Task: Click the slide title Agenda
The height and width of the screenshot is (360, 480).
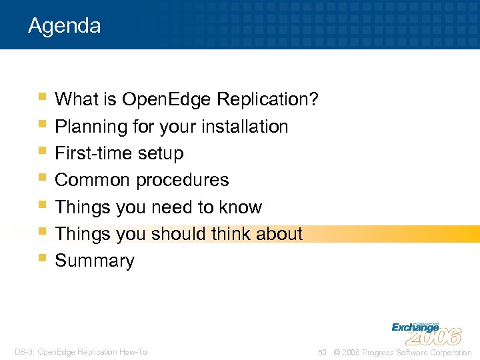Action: [x=65, y=26]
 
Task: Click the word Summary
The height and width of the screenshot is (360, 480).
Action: [x=95, y=261]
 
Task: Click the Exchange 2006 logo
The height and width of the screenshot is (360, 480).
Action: [x=426, y=332]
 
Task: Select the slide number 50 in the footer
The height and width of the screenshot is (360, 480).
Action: [x=322, y=353]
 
